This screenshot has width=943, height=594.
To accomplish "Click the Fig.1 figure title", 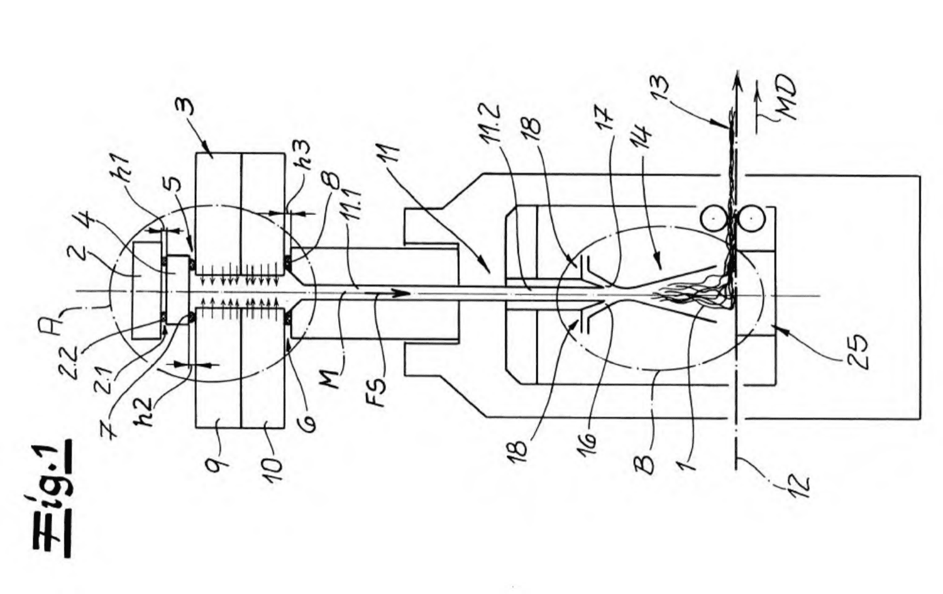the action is [53, 500].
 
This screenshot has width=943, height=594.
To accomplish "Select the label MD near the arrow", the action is [785, 96].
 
